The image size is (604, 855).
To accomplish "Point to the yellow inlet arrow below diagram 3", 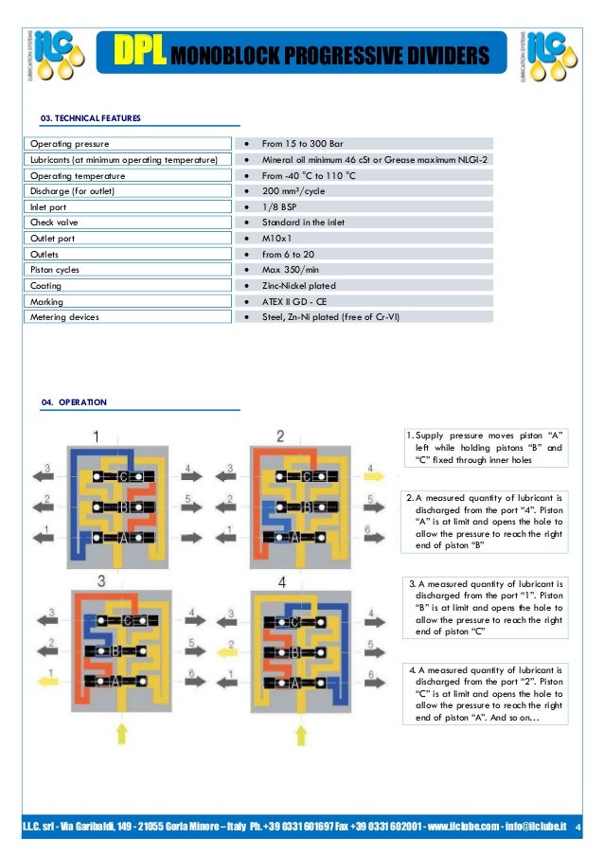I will point(120,732).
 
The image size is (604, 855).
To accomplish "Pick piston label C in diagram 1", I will point(123,477).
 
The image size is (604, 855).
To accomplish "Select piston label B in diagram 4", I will point(295,652).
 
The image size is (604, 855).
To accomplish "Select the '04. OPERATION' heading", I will point(74,402).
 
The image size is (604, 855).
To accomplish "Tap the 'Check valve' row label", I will point(54,223).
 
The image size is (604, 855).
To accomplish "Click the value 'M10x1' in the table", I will point(276,239).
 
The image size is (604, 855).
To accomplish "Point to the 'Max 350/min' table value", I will point(290,270).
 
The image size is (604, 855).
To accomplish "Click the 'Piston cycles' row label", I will point(57,270).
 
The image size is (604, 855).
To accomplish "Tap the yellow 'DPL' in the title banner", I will point(141,54).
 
